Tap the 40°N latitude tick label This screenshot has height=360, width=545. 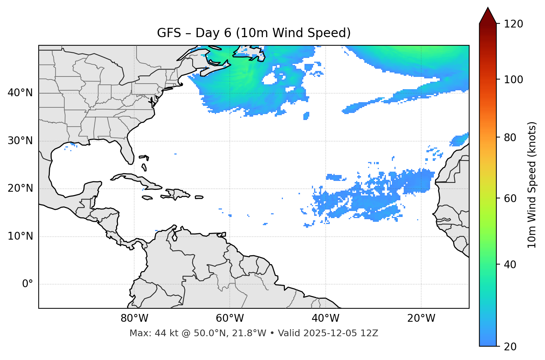[x=20, y=93]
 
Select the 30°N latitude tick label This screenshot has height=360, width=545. [x=20, y=141]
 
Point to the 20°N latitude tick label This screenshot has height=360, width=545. [x=20, y=188]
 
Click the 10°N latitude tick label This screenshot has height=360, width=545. [x=20, y=236]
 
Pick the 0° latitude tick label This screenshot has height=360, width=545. [x=28, y=284]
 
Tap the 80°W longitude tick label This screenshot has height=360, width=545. [x=134, y=318]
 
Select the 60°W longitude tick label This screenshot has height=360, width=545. [x=230, y=318]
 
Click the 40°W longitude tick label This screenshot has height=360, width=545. [x=325, y=318]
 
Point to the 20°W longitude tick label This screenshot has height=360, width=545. [x=421, y=318]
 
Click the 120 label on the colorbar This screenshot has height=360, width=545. [x=513, y=24]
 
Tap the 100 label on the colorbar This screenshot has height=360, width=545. [x=513, y=80]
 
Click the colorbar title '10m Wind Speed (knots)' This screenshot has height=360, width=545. [x=532, y=185]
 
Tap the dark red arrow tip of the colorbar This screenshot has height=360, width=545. [x=488, y=15]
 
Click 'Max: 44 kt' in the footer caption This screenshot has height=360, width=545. [x=147, y=333]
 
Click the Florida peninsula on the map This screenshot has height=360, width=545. [x=127, y=150]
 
